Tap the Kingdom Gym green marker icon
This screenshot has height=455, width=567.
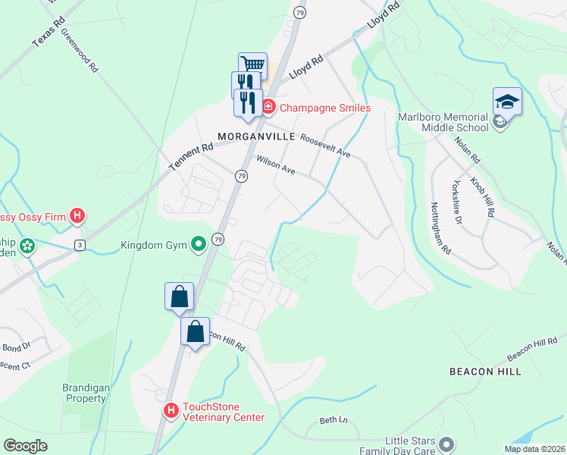tap(199, 244)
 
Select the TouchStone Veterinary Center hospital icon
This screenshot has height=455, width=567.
tap(171, 411)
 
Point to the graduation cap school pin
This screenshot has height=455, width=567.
tap(507, 102)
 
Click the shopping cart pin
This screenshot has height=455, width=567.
tap(252, 65)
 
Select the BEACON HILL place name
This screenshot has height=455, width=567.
tap(485, 372)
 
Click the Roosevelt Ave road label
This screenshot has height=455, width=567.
tap(325, 146)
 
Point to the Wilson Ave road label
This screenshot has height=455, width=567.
tap(275, 165)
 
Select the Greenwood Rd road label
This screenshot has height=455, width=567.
tap(80, 51)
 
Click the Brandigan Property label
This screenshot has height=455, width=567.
tap(85, 393)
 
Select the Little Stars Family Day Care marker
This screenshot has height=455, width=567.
tap(446, 443)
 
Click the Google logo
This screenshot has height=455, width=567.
tap(26, 446)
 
